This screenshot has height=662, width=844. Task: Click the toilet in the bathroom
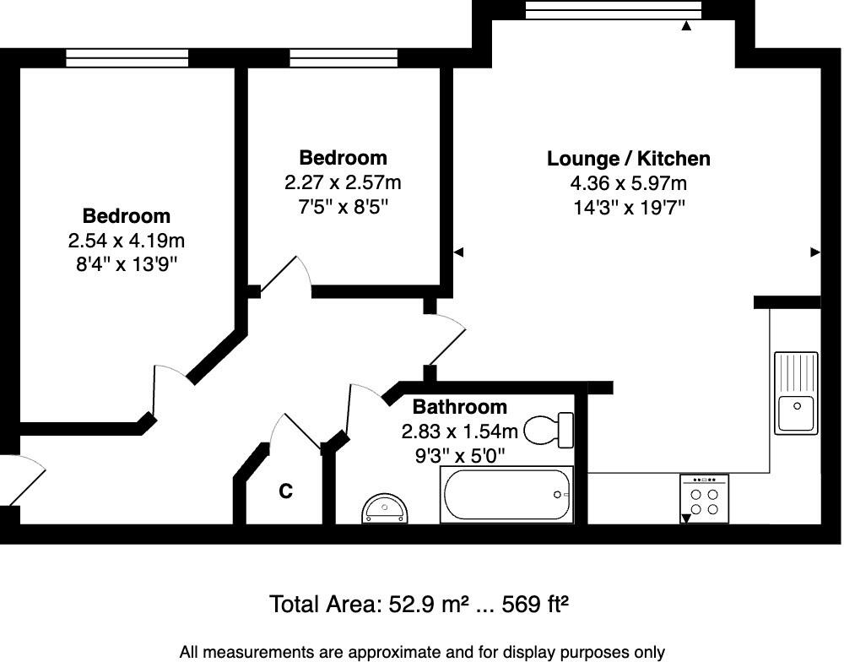[549, 430]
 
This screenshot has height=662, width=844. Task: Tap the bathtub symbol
[506, 494]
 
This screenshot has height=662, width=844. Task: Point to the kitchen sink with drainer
[796, 393]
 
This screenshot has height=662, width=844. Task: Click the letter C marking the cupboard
[286, 491]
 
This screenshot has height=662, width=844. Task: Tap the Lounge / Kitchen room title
[628, 159]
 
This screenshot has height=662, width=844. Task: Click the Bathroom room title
[460, 407]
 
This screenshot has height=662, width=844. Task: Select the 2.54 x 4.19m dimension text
[126, 241]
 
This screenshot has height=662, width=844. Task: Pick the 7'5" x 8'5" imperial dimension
[343, 205]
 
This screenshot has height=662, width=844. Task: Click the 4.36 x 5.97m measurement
[628, 183]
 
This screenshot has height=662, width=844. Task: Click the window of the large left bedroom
[127, 57]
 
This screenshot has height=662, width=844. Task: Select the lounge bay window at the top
[613, 9]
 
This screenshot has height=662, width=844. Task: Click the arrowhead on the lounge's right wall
[815, 252]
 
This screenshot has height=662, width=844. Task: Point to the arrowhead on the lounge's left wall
[458, 252]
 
